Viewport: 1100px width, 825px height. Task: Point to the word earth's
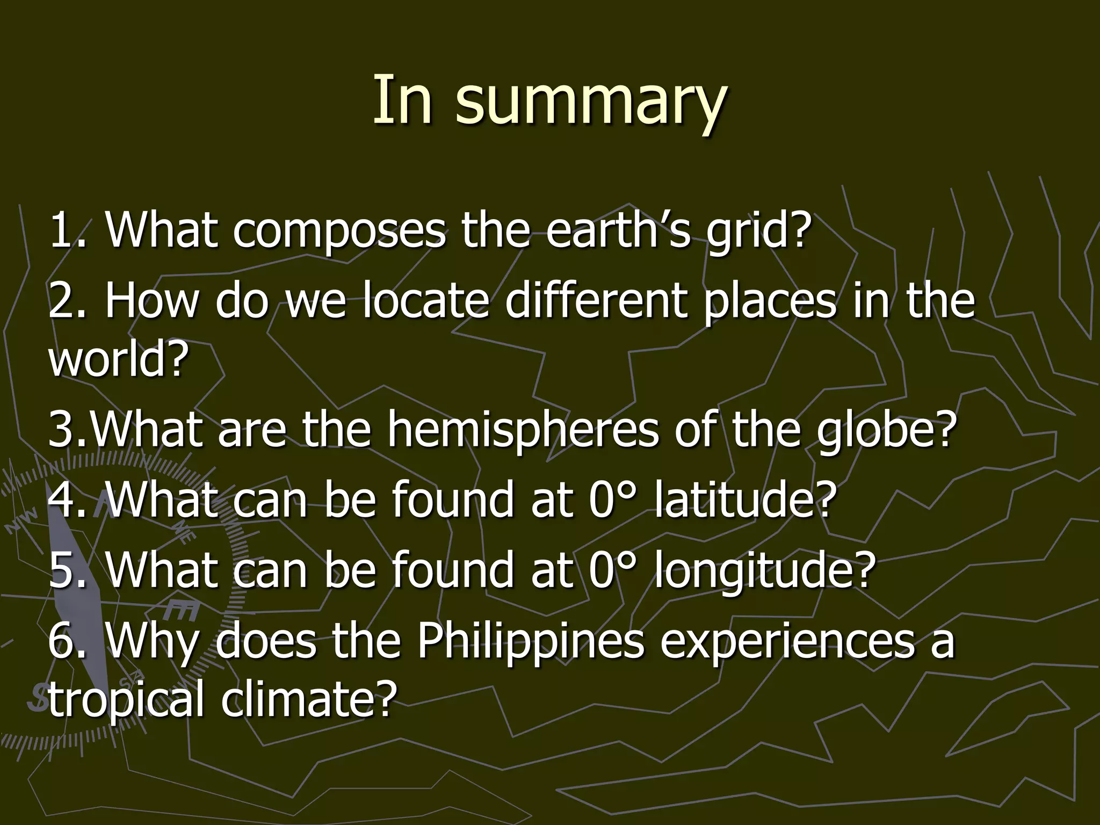point(618,230)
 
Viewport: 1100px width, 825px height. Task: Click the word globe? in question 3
point(886,430)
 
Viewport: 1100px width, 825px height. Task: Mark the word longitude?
point(765,570)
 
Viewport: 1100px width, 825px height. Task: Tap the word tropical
point(126,699)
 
